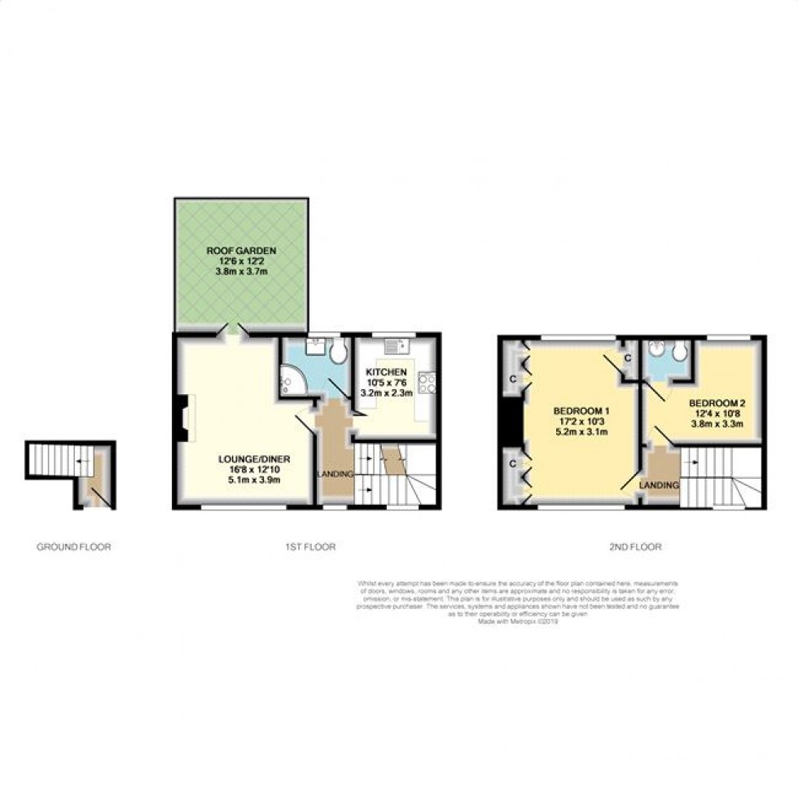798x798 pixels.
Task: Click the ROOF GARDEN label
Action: click(240, 250)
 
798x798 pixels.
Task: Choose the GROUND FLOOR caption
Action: click(73, 547)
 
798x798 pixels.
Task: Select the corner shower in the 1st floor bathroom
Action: click(290, 379)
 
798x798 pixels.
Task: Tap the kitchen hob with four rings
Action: click(427, 382)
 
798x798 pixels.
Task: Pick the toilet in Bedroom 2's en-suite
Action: click(679, 351)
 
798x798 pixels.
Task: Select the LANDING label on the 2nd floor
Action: click(660, 485)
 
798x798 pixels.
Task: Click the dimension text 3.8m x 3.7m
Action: click(240, 273)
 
